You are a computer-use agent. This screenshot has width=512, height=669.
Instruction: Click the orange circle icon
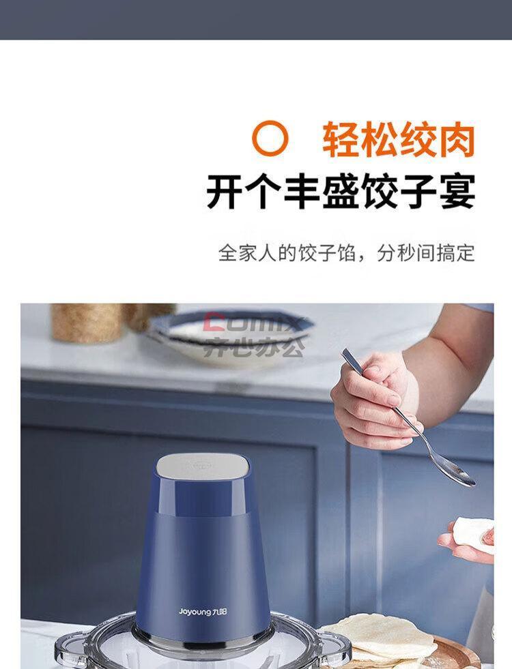pos(271,138)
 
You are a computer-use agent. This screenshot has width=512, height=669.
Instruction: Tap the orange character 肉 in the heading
pos(457,140)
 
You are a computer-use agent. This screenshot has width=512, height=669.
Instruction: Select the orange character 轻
pos(341,140)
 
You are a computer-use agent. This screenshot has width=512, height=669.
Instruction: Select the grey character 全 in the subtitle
pos(228,253)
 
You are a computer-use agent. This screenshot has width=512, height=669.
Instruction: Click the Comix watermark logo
pos(255,335)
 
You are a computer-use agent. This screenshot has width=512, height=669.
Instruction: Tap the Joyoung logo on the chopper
pos(203,612)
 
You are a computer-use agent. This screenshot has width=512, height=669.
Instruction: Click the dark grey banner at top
pos(256,20)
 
